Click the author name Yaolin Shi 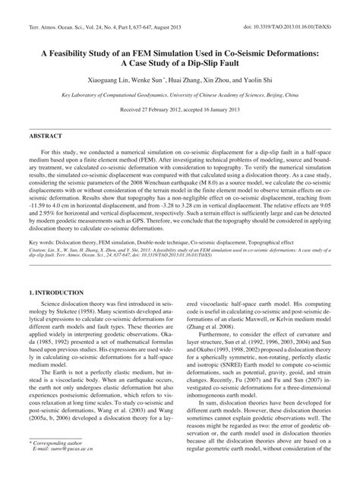pos(247,79)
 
